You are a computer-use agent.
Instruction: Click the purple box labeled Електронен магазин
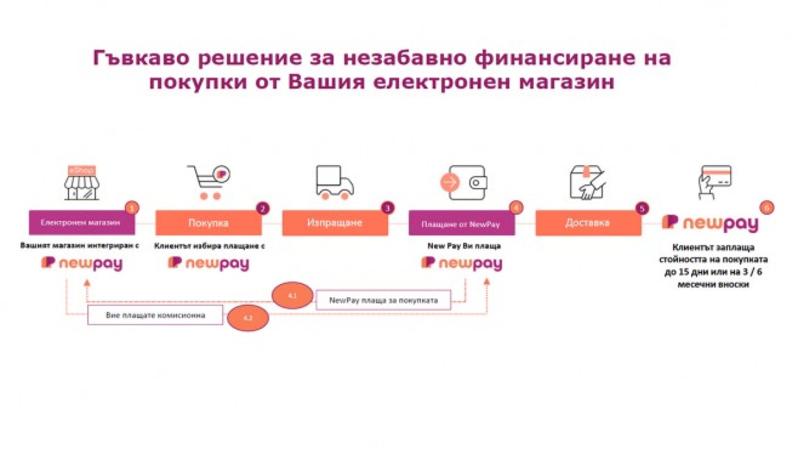tap(82, 223)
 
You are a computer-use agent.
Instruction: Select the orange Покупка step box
tap(208, 223)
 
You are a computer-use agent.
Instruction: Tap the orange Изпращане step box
tap(335, 223)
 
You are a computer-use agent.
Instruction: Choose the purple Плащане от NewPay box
tap(461, 224)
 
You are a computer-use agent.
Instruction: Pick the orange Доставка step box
tap(588, 223)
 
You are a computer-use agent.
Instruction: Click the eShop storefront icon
tap(81, 183)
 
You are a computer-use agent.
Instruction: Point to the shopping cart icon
tap(208, 182)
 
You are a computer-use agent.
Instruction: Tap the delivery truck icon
tap(335, 183)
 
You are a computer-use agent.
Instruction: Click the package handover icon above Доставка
tap(588, 183)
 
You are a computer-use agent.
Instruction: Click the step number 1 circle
tap(132, 208)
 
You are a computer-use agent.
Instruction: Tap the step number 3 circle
tap(387, 208)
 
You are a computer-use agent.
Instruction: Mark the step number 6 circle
tap(767, 208)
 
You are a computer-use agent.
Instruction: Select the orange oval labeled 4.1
tap(292, 295)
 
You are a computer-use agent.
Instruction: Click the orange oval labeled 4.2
tap(248, 318)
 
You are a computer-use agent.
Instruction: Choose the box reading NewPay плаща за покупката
tap(384, 300)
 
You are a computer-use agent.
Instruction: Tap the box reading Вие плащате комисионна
tap(155, 315)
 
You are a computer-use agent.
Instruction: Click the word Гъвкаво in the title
tap(141, 58)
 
